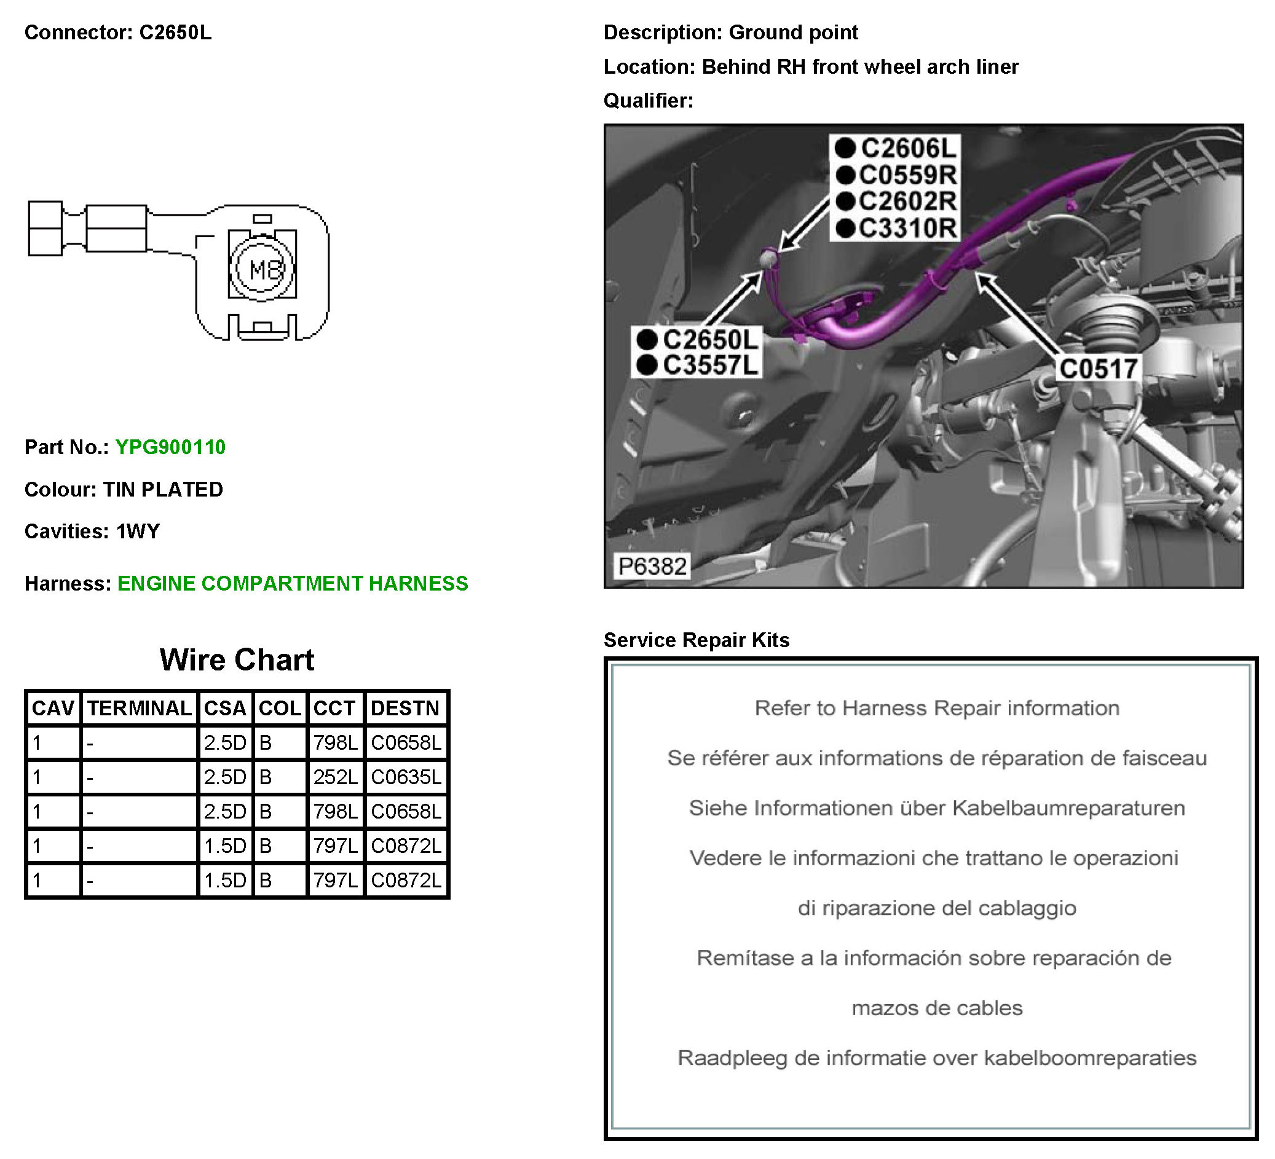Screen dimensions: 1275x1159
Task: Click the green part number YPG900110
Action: coord(170,447)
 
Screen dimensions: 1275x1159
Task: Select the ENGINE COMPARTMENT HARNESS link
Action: coord(293,584)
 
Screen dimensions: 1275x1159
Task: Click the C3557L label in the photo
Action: coord(709,366)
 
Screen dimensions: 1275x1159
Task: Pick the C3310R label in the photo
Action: coord(907,228)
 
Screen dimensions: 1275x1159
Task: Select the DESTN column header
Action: coord(405,708)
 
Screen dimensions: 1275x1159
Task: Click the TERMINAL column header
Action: coord(139,708)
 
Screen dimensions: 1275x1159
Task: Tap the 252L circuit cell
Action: coord(335,777)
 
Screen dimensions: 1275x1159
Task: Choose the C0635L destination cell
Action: coord(406,777)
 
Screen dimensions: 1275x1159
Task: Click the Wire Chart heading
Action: coord(237,660)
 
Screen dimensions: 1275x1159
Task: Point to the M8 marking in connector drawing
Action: coord(262,270)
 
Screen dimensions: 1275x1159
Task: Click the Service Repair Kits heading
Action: coord(697,640)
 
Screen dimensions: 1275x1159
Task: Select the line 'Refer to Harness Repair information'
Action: coord(937,708)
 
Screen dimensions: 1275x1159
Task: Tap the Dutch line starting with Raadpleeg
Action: coord(937,1058)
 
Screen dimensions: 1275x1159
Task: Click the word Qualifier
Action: coord(647,101)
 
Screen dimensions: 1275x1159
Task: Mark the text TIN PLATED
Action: coord(163,490)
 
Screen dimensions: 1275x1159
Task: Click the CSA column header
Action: coord(224,708)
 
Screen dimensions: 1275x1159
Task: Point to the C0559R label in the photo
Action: coord(907,175)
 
